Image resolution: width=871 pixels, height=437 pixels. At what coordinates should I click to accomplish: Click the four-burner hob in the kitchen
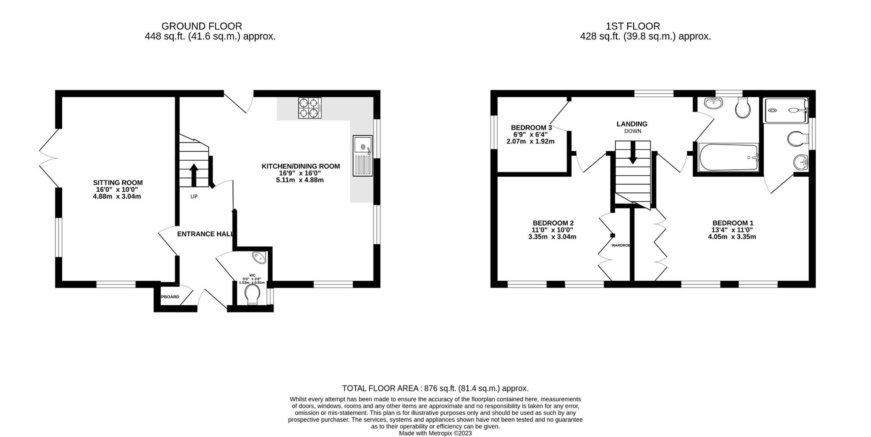[x=310, y=108]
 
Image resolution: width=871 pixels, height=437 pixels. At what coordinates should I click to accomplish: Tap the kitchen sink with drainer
[x=363, y=155]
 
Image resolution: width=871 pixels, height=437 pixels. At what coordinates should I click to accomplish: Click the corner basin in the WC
[x=260, y=257]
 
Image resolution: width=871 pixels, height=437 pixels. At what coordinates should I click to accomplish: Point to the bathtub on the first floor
[x=728, y=158]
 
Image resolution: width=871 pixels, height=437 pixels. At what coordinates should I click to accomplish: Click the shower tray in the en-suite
[x=785, y=110]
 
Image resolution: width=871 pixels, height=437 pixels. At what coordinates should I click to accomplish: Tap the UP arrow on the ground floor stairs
[x=194, y=175]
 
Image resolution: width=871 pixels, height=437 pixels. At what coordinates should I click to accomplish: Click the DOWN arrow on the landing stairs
[x=633, y=152]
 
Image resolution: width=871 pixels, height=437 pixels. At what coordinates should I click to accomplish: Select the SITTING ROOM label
[x=118, y=183]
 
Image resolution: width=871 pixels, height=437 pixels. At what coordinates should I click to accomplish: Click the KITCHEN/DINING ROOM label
[x=301, y=166]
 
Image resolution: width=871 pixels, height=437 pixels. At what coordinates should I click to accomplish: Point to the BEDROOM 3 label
[x=531, y=128]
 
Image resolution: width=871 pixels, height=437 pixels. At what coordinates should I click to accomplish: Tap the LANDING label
[x=632, y=124]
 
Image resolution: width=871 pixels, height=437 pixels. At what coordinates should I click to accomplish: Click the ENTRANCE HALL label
[x=205, y=234]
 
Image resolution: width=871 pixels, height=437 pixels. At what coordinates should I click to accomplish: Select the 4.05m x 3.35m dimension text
[x=732, y=237]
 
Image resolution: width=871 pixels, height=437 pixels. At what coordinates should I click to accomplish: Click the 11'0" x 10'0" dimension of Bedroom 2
[x=553, y=230]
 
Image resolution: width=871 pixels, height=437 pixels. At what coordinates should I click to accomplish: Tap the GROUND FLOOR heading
[x=202, y=26]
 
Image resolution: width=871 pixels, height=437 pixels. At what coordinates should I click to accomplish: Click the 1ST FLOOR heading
[x=633, y=26]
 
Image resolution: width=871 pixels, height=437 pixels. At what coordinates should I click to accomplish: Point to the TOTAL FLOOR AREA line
[x=435, y=388]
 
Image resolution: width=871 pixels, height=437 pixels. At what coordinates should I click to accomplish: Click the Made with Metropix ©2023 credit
[x=435, y=433]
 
